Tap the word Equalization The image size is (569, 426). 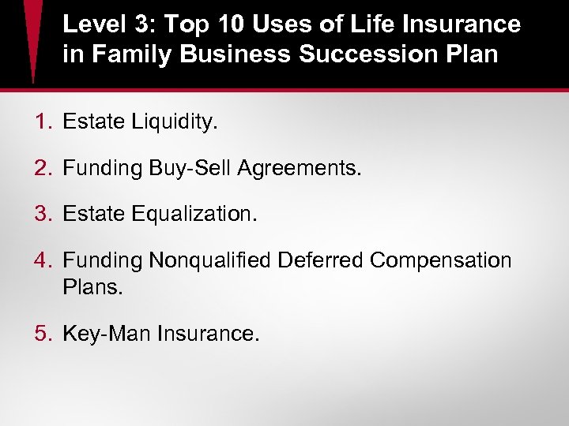click(x=194, y=214)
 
